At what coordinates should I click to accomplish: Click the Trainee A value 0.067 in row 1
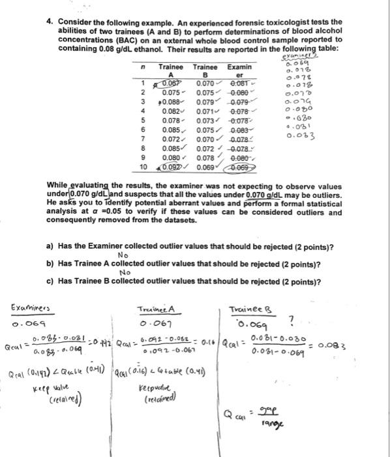pyautogui.click(x=170, y=82)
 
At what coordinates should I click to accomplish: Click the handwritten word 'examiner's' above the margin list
pyautogui.click(x=301, y=58)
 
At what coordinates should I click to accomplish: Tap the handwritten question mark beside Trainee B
pyautogui.click(x=311, y=319)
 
